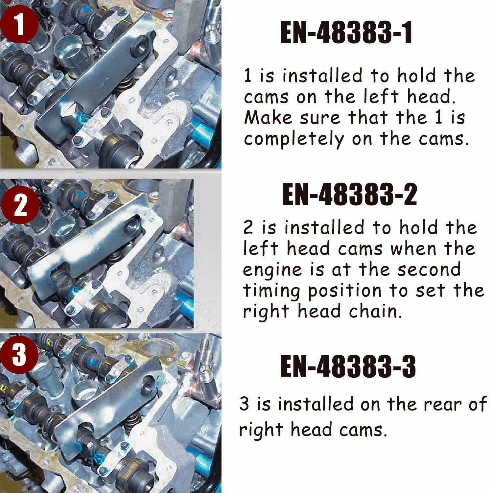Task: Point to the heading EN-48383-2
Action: (x=349, y=195)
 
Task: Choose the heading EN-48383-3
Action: (x=348, y=367)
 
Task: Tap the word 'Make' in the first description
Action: (x=268, y=117)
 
